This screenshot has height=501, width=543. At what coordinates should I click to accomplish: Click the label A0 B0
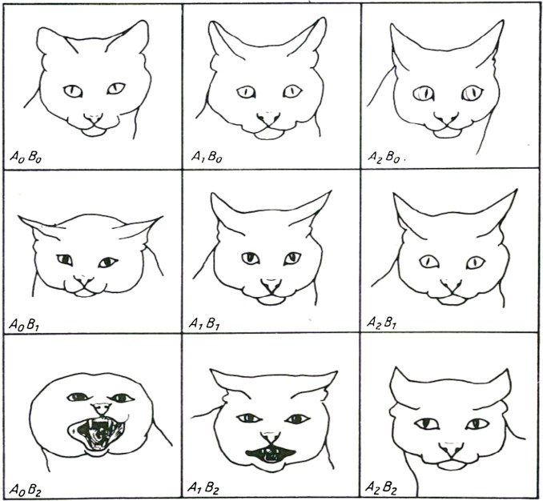pos(26,157)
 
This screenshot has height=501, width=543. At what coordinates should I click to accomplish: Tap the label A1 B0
pos(207,157)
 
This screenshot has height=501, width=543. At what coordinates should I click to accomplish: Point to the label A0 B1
pos(24,325)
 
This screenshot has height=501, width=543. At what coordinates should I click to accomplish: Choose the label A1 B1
pos(204,323)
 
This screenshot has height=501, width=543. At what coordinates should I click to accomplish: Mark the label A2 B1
pos(382,323)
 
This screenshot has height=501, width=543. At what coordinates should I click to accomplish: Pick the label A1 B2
pos(203,488)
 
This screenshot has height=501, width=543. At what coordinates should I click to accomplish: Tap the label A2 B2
pos(381,488)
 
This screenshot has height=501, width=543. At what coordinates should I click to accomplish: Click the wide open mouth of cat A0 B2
pos(96,435)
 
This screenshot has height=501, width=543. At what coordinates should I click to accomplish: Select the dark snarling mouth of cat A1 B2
pos(271,453)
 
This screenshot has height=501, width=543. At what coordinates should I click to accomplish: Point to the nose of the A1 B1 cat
pos(271,284)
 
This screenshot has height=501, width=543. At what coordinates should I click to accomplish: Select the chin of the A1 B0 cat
pos(268,134)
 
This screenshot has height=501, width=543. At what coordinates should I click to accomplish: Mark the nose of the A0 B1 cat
pos(83,280)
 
